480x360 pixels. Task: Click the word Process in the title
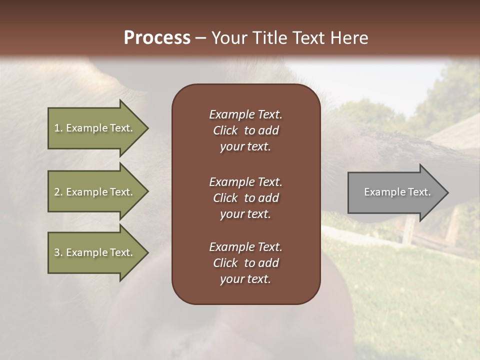coord(157,37)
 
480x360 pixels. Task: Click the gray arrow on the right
coord(395,192)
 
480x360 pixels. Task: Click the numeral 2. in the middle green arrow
coord(58,192)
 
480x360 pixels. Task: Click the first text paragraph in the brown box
coord(245,130)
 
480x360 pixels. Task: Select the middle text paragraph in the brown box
coord(245,198)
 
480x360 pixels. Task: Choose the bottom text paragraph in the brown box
coord(245,263)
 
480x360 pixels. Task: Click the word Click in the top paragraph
coord(225,130)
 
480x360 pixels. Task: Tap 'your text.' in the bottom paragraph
coord(245,279)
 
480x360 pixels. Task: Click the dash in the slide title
coord(201,38)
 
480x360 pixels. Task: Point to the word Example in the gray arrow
coord(382,192)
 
